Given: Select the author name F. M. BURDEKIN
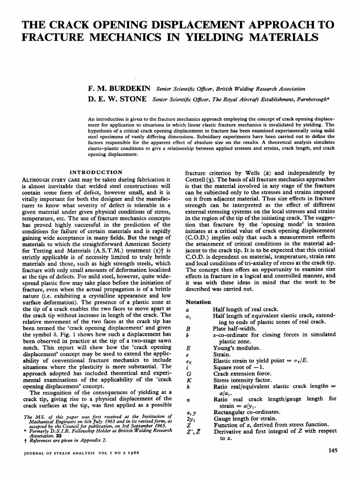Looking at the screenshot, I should click(119, 89).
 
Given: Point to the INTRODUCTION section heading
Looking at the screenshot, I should click(96, 172).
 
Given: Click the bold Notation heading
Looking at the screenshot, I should click(198, 302).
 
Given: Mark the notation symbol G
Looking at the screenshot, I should click(188, 374).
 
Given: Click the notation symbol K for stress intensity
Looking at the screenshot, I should click(188, 380).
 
